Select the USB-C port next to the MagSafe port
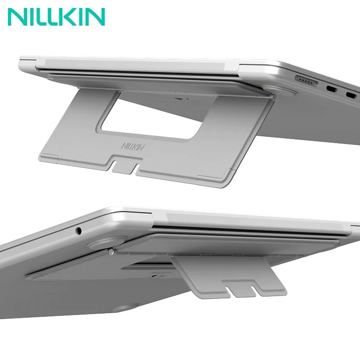[331, 89]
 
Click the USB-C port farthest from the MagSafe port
[351, 94]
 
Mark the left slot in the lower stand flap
[231, 291]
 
